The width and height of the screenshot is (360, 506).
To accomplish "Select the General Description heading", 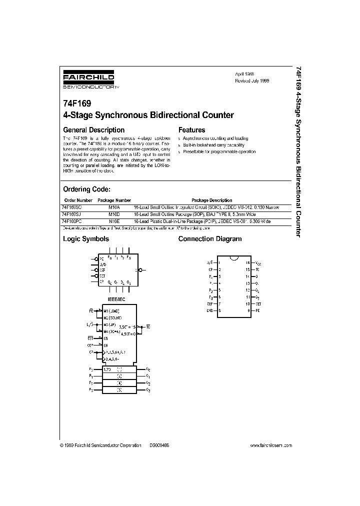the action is tap(93, 130).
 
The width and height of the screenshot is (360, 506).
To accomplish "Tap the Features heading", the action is tap(191, 130).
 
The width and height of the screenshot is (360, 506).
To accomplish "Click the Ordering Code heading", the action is tap(86, 189).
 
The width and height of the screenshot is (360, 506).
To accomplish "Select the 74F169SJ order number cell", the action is tap(75, 213).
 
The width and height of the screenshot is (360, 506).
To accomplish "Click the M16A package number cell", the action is tap(114, 207).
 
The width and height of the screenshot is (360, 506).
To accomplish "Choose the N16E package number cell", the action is tap(114, 220).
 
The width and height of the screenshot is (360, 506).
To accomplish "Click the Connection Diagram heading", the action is tap(210, 239).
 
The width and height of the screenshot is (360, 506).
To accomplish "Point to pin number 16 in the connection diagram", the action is tap(247, 262).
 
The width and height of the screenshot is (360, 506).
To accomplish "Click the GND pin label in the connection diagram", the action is tap(210, 310).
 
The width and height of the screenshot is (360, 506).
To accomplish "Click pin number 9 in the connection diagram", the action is tap(247, 310).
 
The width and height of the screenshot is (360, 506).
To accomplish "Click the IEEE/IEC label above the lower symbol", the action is tap(116, 298).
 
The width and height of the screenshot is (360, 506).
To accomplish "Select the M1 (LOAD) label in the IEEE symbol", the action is tap(113, 311).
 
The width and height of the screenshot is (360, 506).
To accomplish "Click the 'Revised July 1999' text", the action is tap(252, 80).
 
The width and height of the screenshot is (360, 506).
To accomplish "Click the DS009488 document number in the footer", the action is tap(159, 444).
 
